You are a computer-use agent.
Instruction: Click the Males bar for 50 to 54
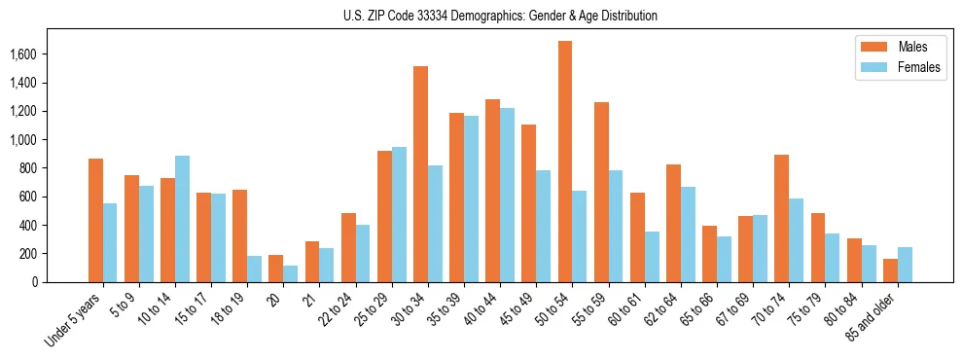coord(565,162)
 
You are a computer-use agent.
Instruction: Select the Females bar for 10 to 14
coord(183,219)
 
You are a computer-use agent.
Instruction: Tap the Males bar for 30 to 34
coord(420,174)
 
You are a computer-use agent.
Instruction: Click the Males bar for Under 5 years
coord(95,220)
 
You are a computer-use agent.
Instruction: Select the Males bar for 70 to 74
coord(781,218)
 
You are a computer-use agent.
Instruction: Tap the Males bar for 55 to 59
coord(601,192)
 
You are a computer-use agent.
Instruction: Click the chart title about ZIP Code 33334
coord(500,16)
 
